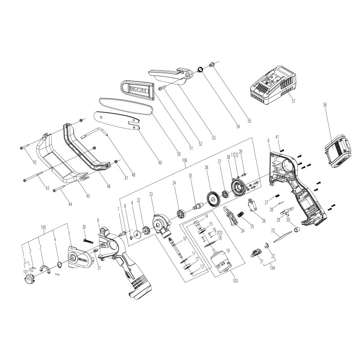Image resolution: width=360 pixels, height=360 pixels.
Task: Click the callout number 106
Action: (184, 161)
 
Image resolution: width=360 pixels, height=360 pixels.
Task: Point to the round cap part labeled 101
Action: (28, 279)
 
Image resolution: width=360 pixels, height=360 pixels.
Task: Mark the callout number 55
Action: (249, 121)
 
